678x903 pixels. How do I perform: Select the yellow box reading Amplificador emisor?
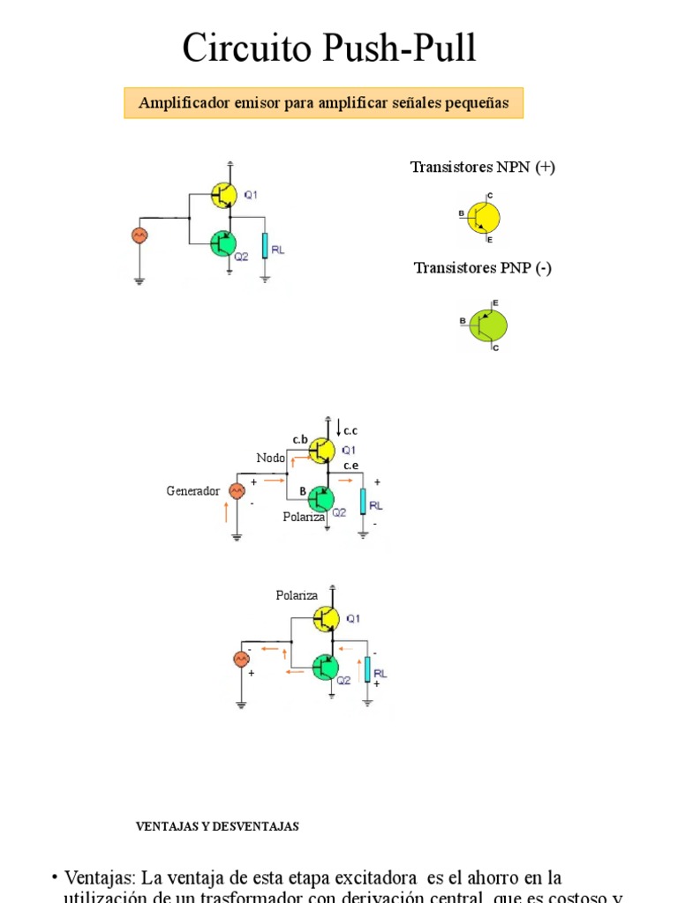pyautogui.click(x=323, y=103)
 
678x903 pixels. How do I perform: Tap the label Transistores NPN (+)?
pyautogui.click(x=482, y=168)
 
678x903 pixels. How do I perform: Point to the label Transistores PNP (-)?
pyautogui.click(x=482, y=268)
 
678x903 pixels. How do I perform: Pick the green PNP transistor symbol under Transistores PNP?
pyautogui.click(x=488, y=325)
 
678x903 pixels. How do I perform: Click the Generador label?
pyautogui.click(x=192, y=491)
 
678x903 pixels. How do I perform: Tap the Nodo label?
pyautogui.click(x=271, y=458)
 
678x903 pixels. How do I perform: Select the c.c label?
pyautogui.click(x=350, y=431)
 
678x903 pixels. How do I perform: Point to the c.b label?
pyautogui.click(x=300, y=439)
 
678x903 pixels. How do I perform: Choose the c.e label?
pyautogui.click(x=351, y=465)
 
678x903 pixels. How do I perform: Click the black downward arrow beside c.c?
pyautogui.click(x=337, y=429)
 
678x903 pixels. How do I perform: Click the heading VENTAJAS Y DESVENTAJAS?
pyautogui.click(x=217, y=826)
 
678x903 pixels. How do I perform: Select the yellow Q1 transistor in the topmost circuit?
pyautogui.click(x=224, y=195)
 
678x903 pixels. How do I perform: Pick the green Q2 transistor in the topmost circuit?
pyautogui.click(x=223, y=243)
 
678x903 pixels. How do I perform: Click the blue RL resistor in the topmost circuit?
pyautogui.click(x=264, y=246)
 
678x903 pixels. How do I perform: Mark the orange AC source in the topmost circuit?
pyautogui.click(x=139, y=235)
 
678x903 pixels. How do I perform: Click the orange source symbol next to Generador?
pyautogui.click(x=237, y=491)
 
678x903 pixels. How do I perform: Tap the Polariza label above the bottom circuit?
pyautogui.click(x=297, y=596)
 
